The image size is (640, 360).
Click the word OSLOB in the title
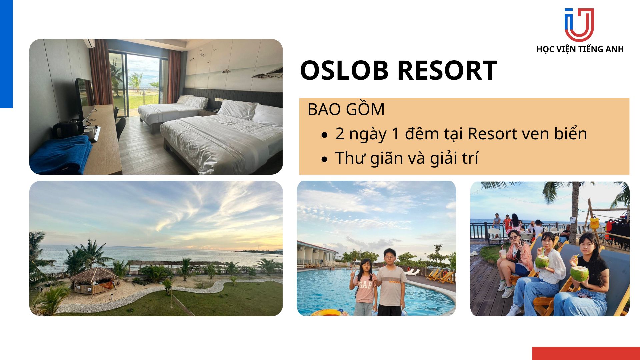pos(344,70)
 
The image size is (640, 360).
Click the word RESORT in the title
pos(447,70)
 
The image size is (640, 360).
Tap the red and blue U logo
pos(579,25)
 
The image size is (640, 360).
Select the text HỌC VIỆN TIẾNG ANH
pos(580,49)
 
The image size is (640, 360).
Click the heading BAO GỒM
pos(346,109)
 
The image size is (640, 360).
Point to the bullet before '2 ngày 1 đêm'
pos(325,135)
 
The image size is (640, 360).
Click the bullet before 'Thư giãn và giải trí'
pos(325,160)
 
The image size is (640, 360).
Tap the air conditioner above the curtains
pos(90,43)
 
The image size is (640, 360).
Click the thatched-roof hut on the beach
pos(93,280)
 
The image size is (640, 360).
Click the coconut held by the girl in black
pos(579,273)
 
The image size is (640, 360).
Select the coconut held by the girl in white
pos(542,261)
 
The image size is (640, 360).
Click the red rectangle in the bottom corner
pos(586,353)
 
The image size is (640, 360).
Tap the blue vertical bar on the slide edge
pos(6,54)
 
